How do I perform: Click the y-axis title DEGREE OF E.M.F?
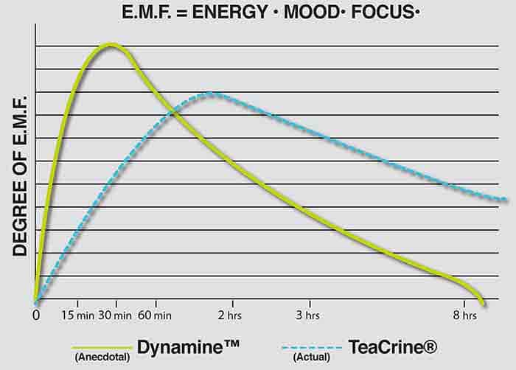coord(20,175)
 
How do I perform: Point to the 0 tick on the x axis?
coord(36,315)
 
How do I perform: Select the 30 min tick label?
coord(115,315)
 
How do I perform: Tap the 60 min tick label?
coord(156,315)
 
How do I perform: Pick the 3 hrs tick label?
coord(309,315)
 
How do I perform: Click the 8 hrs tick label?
coord(464,315)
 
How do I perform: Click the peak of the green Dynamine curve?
coord(111,45)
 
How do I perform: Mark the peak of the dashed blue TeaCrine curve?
coord(211,94)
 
